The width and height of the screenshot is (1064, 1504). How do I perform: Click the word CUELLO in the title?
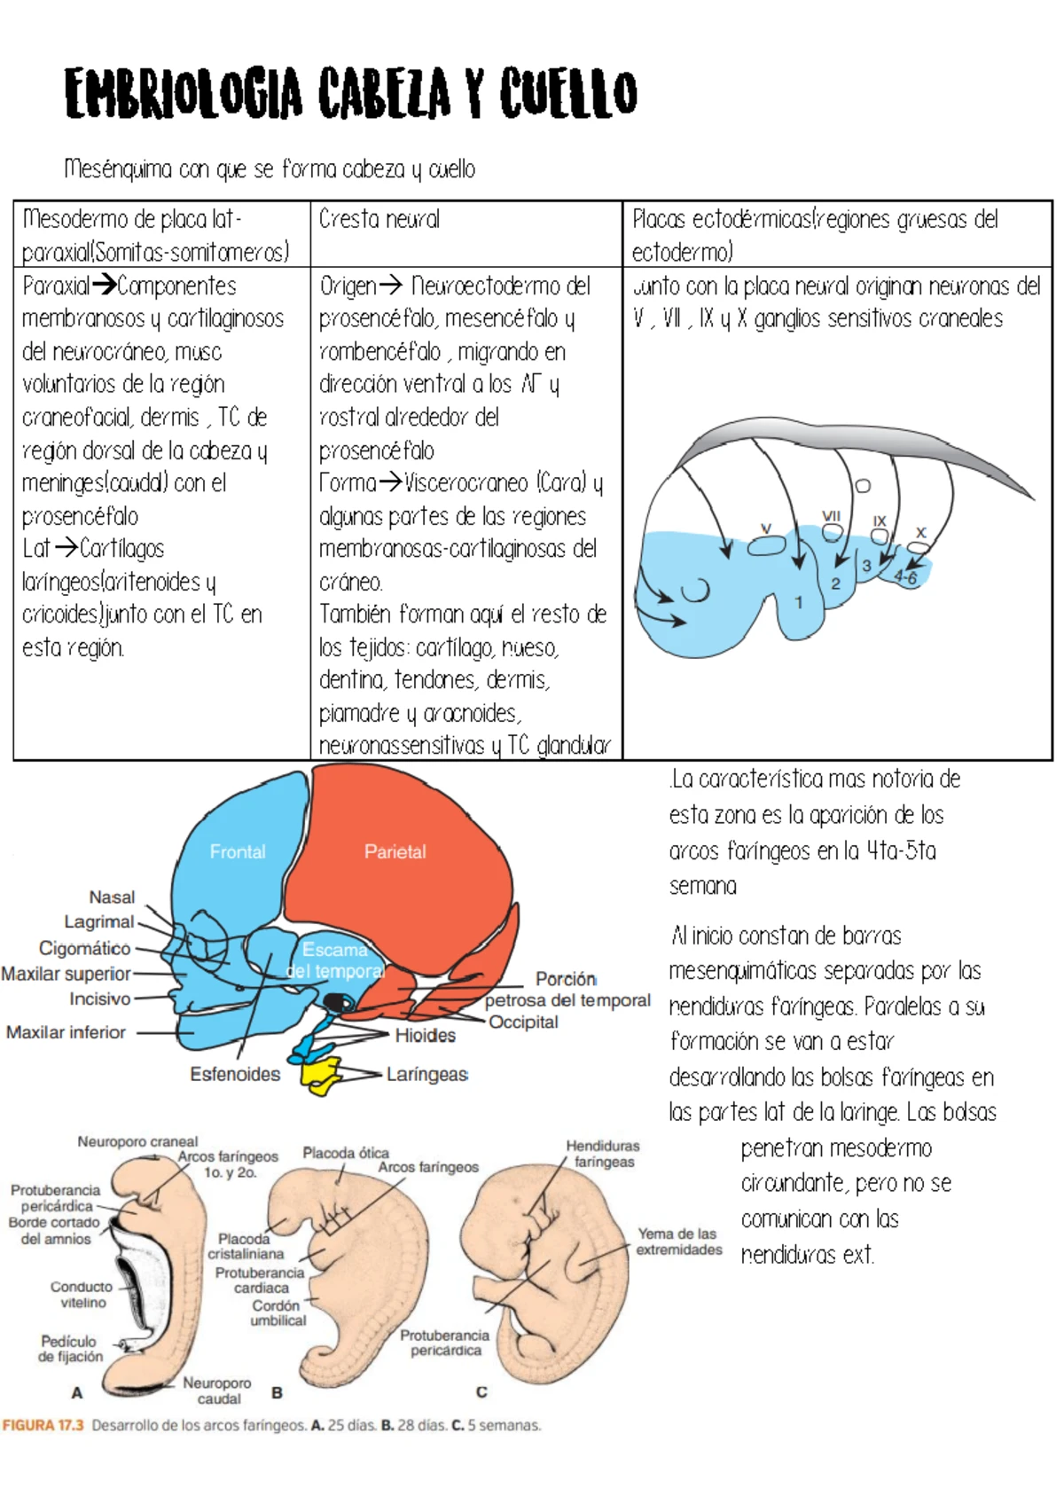click(x=567, y=94)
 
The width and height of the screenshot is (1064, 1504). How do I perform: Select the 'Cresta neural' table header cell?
click(x=379, y=219)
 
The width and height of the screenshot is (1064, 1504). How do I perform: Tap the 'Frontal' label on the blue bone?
click(x=238, y=851)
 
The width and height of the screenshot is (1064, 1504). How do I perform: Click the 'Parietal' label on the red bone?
click(x=395, y=851)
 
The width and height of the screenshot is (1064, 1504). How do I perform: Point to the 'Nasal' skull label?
click(x=112, y=897)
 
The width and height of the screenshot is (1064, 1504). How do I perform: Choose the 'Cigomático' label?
click(x=84, y=948)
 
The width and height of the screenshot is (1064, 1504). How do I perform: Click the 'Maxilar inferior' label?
click(x=66, y=1032)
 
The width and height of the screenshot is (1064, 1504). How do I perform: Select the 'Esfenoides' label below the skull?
click(x=235, y=1074)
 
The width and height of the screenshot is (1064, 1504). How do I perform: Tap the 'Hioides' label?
click(x=425, y=1035)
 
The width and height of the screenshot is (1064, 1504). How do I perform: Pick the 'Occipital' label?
click(x=523, y=1022)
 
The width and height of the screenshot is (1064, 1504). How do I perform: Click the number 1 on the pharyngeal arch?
click(x=799, y=602)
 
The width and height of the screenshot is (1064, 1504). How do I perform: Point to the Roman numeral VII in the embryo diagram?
click(x=831, y=515)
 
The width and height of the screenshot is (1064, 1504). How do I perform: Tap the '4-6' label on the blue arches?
click(x=905, y=577)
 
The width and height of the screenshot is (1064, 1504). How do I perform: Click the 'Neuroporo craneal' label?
click(x=137, y=1141)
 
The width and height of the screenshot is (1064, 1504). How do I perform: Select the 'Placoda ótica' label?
click(x=346, y=1153)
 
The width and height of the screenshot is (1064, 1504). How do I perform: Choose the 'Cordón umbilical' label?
click(x=278, y=1312)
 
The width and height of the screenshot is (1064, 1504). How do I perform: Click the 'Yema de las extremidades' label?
click(x=678, y=1242)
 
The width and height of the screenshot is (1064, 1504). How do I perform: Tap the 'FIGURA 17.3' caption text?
click(x=43, y=1425)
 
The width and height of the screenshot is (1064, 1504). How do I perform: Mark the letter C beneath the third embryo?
click(x=481, y=1391)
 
